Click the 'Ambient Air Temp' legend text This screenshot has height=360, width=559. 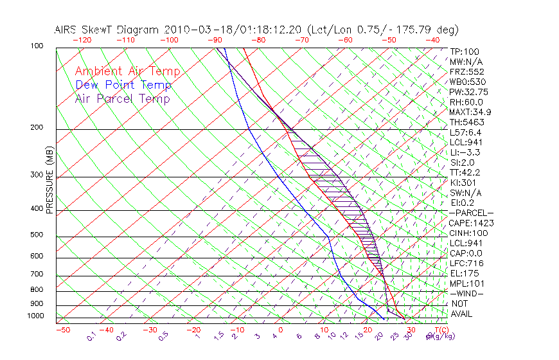pyautogui.click(x=127, y=71)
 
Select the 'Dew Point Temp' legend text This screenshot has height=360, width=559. pyautogui.click(x=123, y=85)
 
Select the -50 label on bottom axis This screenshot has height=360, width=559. pyautogui.click(x=62, y=330)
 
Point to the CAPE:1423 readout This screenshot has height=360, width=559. pyautogui.click(x=466, y=222)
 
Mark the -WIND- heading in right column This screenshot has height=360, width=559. pyautogui.click(x=466, y=293)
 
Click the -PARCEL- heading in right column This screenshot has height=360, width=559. pyautogui.click(x=471, y=213)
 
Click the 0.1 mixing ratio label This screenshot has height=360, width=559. pyautogui.click(x=91, y=336)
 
